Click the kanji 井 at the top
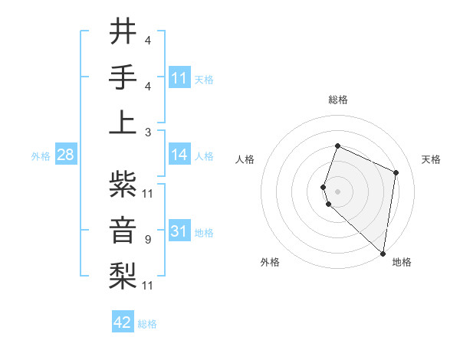click(x=123, y=32)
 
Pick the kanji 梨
click(x=123, y=274)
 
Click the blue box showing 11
click(x=179, y=77)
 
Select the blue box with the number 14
click(x=179, y=155)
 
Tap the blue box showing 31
click(x=179, y=231)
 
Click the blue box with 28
click(x=65, y=155)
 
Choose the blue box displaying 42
click(x=123, y=322)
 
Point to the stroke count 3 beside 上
click(x=147, y=132)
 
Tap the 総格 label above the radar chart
click(x=338, y=100)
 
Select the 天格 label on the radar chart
click(x=432, y=159)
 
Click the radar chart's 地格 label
click(x=402, y=262)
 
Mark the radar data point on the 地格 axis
click(x=383, y=254)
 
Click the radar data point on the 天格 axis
click(x=396, y=172)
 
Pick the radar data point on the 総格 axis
click(x=337, y=146)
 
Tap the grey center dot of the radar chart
click(x=337, y=191)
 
